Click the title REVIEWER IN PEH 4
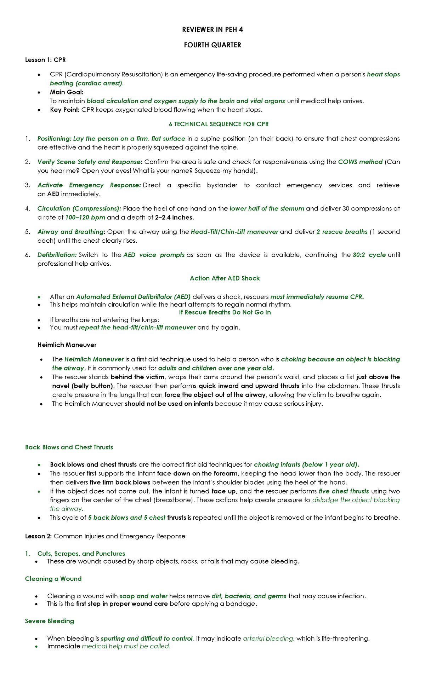(x=212, y=30)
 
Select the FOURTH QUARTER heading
(x=212, y=45)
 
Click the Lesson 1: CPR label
(x=45, y=60)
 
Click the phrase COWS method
(x=360, y=162)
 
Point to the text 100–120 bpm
(x=85, y=217)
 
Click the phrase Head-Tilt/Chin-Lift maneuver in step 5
(x=234, y=232)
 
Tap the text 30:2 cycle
(x=369, y=255)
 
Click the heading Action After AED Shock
(x=225, y=278)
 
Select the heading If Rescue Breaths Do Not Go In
(x=225, y=312)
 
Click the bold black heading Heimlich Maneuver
(x=67, y=345)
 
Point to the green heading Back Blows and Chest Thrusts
(x=69, y=447)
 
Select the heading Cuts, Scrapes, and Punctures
(x=81, y=554)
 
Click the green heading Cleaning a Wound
(x=53, y=579)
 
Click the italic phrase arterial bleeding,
(x=268, y=639)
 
